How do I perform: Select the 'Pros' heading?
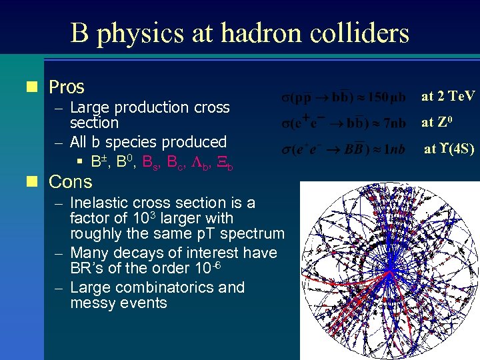(x=67, y=87)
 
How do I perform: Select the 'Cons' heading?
(x=71, y=181)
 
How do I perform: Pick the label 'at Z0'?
(x=437, y=123)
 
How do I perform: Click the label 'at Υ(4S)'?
(x=449, y=149)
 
